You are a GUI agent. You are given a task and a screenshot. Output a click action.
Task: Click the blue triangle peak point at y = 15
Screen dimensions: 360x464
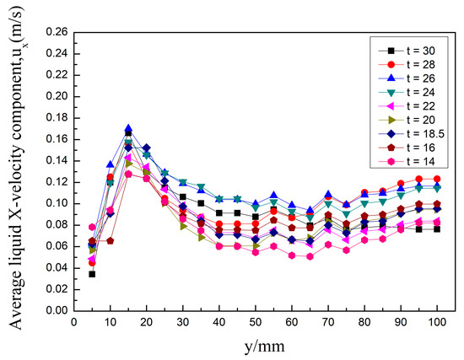(x=128, y=128)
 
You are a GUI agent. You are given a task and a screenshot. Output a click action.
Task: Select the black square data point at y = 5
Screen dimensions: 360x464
(x=92, y=274)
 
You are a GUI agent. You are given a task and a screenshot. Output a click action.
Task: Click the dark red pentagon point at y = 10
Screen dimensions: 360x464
(x=110, y=240)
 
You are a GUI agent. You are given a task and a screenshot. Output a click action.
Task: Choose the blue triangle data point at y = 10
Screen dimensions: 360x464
(x=110, y=164)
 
